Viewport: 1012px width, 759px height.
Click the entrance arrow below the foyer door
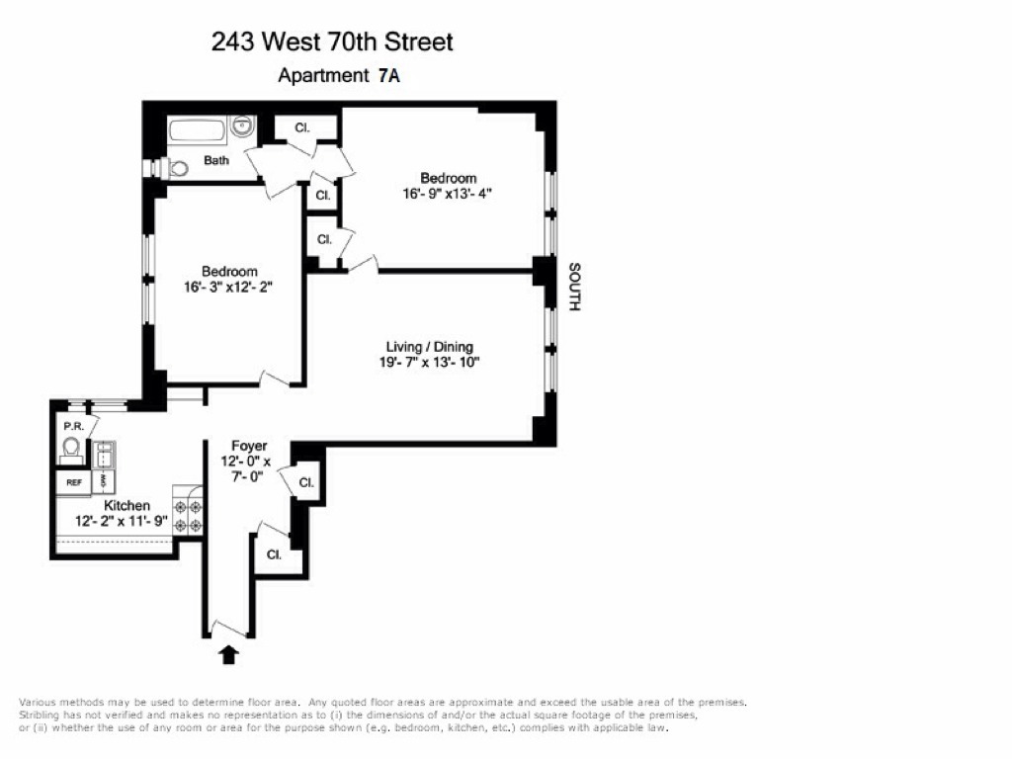coord(229,654)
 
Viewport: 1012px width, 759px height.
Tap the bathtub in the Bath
coord(198,131)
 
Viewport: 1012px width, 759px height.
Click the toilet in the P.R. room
coord(71,450)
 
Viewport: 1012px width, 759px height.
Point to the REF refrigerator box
coord(73,482)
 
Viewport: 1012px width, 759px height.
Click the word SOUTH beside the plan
coord(574,287)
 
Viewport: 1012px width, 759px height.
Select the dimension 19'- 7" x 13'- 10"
coord(429,362)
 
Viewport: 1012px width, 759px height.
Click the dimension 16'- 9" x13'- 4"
coord(448,194)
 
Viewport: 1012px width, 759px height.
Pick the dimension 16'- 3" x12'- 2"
coord(228,287)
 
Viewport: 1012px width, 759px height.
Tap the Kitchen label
coord(127,505)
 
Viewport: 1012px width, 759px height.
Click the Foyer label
coord(249,446)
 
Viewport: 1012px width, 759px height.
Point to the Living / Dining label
coord(429,347)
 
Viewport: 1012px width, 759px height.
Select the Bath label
coord(216,160)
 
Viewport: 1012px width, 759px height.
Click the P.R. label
coord(73,427)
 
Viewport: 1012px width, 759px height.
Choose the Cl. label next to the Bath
coord(302,127)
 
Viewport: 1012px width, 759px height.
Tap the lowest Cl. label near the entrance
coord(275,554)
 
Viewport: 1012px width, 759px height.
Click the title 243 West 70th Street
coord(332,42)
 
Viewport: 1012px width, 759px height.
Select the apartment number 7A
coord(388,75)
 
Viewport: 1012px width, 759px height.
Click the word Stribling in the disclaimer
coord(40,716)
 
